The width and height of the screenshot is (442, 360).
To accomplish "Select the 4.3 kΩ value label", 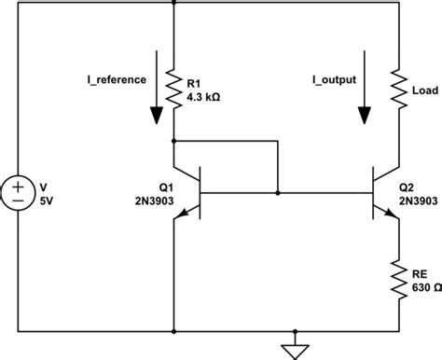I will click(209, 95).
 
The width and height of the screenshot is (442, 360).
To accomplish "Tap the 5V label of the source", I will click(49, 198).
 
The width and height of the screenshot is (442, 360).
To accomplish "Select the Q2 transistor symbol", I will click(387, 192).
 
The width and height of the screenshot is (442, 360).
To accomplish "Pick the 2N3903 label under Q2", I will click(421, 199).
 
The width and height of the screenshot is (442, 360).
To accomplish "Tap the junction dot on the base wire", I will click(278, 192).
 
